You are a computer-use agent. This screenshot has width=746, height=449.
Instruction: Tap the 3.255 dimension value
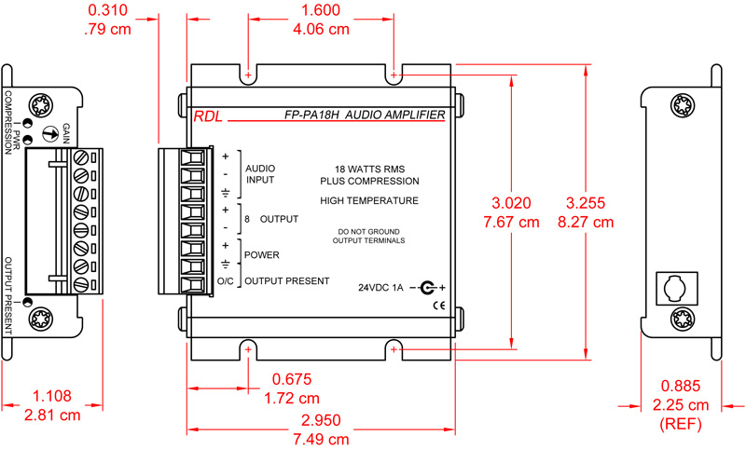click(x=589, y=202)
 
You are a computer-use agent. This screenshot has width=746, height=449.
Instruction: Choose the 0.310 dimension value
click(x=109, y=10)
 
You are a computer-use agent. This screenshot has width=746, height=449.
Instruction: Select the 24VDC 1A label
click(x=380, y=288)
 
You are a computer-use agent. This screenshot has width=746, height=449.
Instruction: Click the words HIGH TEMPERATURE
click(x=368, y=200)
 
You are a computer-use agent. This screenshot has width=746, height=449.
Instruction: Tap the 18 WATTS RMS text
click(x=368, y=168)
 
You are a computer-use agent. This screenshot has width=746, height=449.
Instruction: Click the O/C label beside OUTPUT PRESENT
click(x=225, y=280)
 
